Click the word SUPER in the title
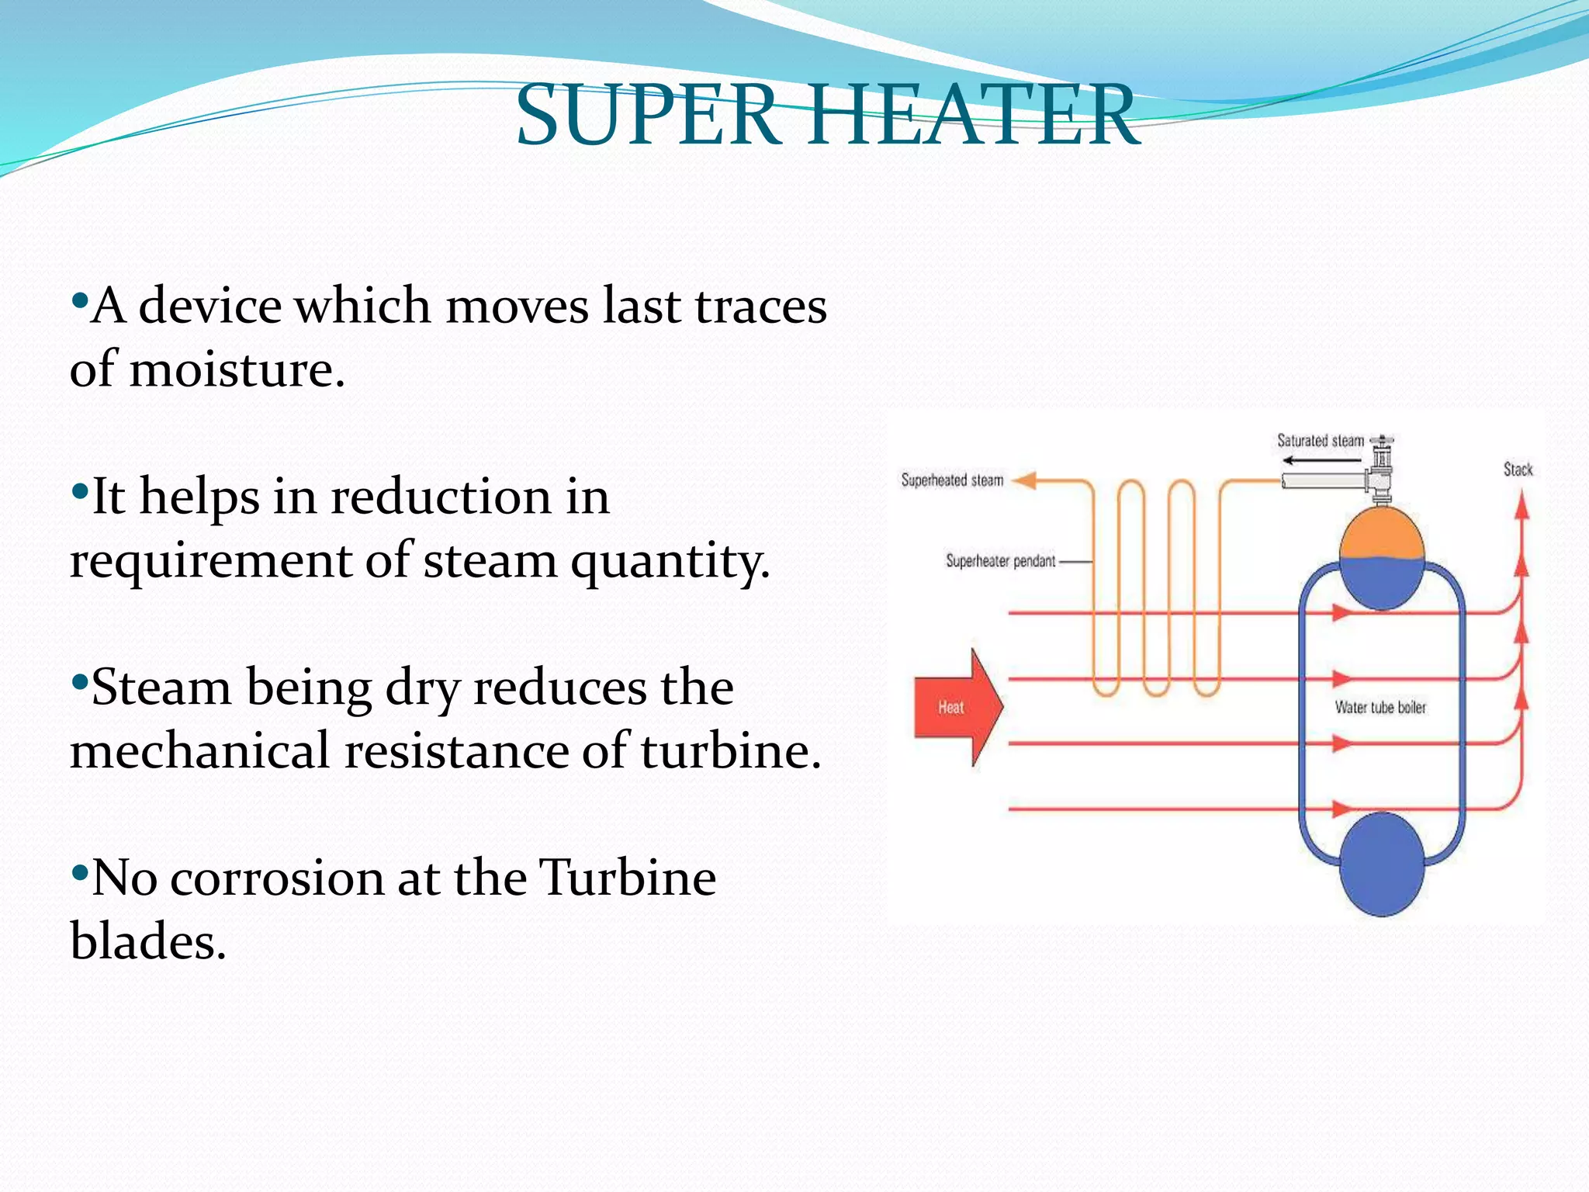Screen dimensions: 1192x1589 tap(649, 116)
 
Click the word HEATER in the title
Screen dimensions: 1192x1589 tap(973, 116)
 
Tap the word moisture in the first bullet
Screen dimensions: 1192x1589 tap(236, 370)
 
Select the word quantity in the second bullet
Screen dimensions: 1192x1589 tap(670, 561)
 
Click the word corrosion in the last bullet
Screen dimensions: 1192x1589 tap(277, 879)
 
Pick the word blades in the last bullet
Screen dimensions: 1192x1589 tap(147, 943)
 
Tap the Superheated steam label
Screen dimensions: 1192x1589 tap(952, 480)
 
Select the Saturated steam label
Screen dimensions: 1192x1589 tap(1320, 441)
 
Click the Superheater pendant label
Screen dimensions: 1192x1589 tap(1000, 561)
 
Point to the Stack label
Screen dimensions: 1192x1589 tap(1518, 470)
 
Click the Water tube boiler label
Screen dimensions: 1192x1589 tap(1380, 707)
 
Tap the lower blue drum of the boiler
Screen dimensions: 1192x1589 tap(1381, 864)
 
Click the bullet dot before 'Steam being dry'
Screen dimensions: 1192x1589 tap(78, 683)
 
